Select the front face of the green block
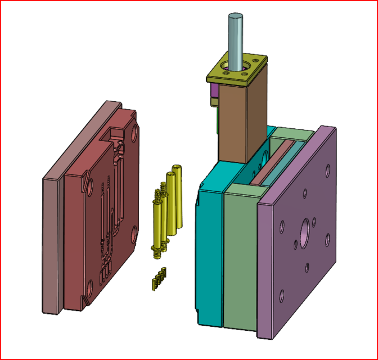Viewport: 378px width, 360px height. pos(240,259)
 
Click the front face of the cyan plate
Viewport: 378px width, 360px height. pos(209,253)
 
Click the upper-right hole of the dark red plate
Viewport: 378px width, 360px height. pos(135,134)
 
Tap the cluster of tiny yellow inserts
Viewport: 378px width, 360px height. pos(158,278)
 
